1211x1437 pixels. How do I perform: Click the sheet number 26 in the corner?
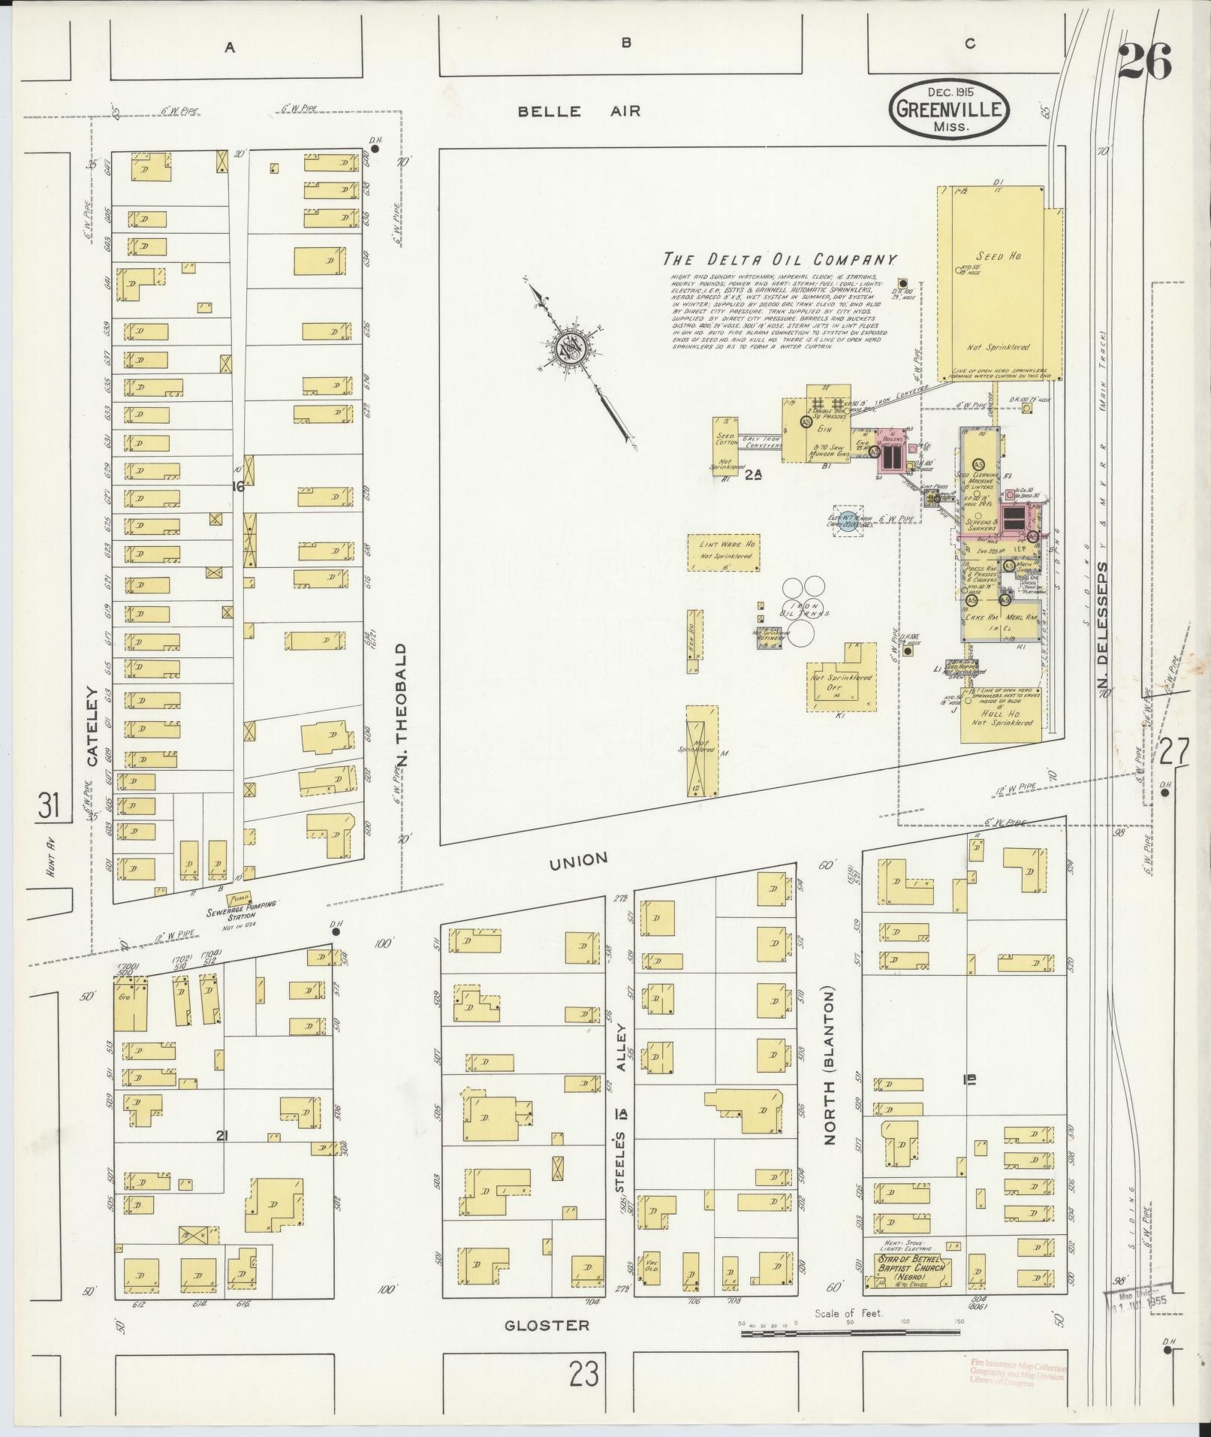click(1144, 62)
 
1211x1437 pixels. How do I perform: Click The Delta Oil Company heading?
click(779, 261)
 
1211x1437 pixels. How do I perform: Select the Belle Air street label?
click(580, 112)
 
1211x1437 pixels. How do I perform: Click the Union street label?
click(577, 860)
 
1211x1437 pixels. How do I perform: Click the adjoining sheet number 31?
click(49, 807)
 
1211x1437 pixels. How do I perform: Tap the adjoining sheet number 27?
click(1173, 752)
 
